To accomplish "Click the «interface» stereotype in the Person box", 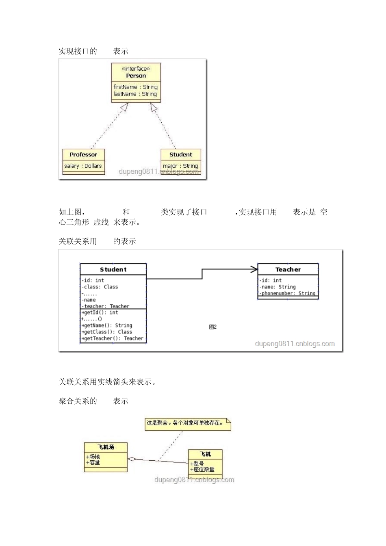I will (x=136, y=69).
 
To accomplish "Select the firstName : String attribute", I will (x=135, y=87).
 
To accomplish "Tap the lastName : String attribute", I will (x=135, y=94).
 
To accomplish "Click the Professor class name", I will (x=83, y=154).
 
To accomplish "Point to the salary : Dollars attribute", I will (x=83, y=166).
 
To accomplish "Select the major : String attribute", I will (x=180, y=166).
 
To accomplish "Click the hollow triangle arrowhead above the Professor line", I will (x=124, y=107).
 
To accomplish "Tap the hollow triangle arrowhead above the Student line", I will (x=154, y=107).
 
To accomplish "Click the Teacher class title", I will (x=288, y=269).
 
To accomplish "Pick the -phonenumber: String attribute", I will (x=288, y=293).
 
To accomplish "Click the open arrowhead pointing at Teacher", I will (x=254, y=269).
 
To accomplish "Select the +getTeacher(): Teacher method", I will (x=113, y=338).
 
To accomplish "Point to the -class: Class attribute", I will (x=100, y=287).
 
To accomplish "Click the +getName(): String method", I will (x=107, y=325).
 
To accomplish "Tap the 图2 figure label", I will (x=213, y=327).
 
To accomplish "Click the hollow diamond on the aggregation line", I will (x=132, y=459).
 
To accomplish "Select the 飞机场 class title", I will (x=106, y=447).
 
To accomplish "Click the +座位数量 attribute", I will (x=202, y=470).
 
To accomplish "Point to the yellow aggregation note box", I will (x=188, y=423).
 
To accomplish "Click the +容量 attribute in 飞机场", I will (x=93, y=463).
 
